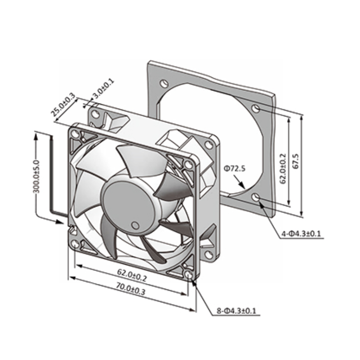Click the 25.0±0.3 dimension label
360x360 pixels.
pyautogui.click(x=63, y=104)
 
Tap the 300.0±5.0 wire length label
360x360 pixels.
pyautogui.click(x=36, y=177)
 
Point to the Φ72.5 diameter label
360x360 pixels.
pyautogui.click(x=234, y=169)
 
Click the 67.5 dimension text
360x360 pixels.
pyautogui.click(x=296, y=161)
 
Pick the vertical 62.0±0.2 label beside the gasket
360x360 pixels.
pyautogui.click(x=283, y=168)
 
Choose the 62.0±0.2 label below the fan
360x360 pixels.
pyautogui.click(x=132, y=275)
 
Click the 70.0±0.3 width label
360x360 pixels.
pyautogui.click(x=130, y=289)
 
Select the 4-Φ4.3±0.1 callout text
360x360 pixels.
pyautogui.click(x=301, y=234)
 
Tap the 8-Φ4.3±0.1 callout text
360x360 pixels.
pyautogui.click(x=236, y=311)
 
